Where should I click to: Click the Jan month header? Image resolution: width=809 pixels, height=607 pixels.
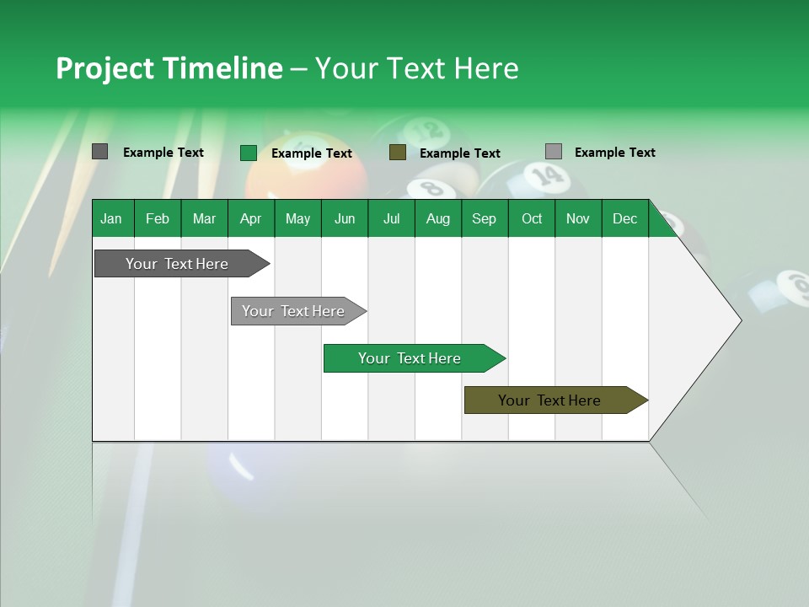111,218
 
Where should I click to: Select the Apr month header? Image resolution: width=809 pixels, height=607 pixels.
250,218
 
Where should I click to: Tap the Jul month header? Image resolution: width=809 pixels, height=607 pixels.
391,218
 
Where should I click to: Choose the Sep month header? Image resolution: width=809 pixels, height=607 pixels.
484,218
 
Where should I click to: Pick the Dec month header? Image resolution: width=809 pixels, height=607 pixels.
624,218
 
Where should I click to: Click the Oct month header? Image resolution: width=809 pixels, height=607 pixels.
532,218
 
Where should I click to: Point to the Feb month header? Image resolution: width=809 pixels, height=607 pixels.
158,218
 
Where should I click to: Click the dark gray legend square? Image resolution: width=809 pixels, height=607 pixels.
99,152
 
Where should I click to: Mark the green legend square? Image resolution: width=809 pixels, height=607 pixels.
248,153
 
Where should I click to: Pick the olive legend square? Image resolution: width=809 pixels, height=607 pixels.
398,153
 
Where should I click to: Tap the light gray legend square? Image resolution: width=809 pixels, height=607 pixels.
554,152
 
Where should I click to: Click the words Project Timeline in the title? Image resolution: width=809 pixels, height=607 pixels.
169,68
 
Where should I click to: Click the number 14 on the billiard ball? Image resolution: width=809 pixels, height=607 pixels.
547,175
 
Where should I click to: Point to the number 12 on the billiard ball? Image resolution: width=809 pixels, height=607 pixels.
430,130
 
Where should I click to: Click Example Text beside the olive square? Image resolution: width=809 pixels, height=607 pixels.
459,153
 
